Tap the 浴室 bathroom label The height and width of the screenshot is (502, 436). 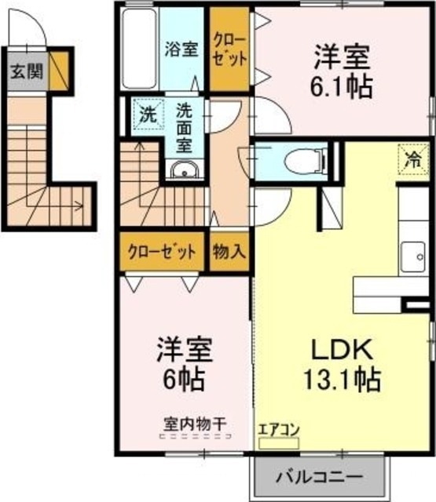(181, 48)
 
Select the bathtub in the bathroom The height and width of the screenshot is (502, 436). (141, 49)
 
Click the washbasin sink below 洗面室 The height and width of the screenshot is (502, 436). (184, 171)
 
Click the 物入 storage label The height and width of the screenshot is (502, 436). (229, 253)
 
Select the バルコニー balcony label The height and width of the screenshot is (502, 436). (318, 476)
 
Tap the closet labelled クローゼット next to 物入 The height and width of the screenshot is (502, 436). (163, 253)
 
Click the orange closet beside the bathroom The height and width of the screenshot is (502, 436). (230, 48)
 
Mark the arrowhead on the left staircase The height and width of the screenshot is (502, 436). (79, 209)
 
